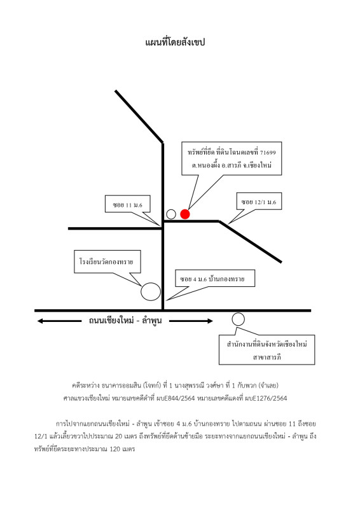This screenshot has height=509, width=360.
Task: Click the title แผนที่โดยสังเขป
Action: pos(175,42)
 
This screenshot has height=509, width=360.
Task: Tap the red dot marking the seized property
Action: pos(184,214)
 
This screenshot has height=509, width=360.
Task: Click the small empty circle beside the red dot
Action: pos(171,214)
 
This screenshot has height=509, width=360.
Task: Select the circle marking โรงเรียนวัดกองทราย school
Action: pos(151,291)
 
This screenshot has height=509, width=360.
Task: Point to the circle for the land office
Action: pos(238,319)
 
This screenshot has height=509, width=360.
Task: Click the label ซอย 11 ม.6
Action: pos(127,205)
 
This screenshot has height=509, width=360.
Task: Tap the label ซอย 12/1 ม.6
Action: pos(258,202)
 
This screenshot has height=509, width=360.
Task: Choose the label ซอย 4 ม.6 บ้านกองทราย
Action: pos(212,279)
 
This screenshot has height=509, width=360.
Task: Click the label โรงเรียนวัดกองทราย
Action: pos(106,261)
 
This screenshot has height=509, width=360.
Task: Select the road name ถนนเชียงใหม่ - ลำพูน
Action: pos(125,321)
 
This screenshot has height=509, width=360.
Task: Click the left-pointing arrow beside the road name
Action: pos(59,321)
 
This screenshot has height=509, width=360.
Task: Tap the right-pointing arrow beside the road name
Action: pos(191,321)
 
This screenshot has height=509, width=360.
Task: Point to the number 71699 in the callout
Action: pos(268,152)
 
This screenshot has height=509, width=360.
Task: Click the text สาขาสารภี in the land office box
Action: pos(267,357)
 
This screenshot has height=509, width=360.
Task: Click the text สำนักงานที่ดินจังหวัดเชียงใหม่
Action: pos(267,344)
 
